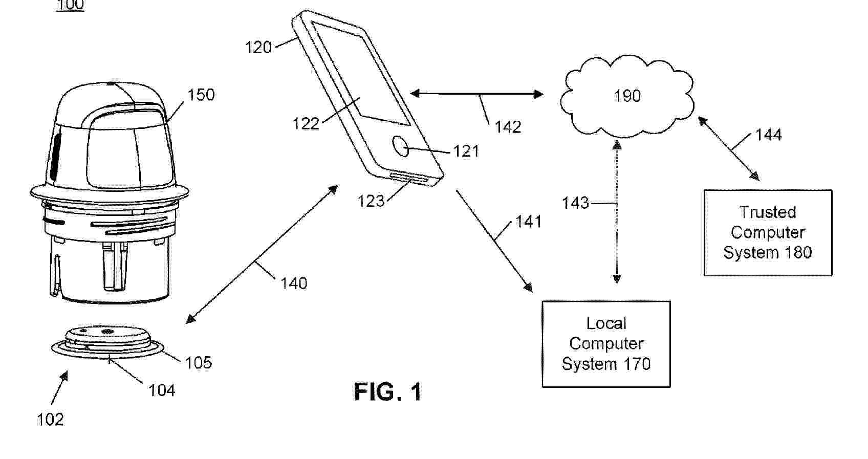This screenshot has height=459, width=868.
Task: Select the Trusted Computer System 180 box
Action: pos(767,233)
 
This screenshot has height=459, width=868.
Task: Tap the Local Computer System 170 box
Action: pos(606,344)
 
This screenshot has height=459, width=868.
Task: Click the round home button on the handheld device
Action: pos(402,146)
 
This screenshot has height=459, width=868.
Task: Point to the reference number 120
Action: pos(258,48)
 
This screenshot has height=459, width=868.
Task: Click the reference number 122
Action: pos(306,123)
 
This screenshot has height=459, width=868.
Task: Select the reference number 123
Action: pos(371,201)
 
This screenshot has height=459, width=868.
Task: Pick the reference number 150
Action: pos(201,95)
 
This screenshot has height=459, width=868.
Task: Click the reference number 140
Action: pos(294,283)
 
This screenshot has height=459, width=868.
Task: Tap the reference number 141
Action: pos(528,222)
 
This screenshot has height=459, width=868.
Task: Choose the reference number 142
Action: pos(508,127)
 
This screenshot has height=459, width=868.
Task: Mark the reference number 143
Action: pos(575,203)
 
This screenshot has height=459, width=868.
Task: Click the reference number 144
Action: pos(768,135)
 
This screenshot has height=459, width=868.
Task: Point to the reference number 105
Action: pos(198,362)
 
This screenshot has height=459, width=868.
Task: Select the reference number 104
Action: pos(162,390)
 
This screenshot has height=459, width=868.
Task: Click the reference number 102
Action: pos(50,420)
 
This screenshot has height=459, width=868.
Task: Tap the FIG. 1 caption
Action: pos(387,392)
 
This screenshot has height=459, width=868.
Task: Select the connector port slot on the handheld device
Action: pos(408,177)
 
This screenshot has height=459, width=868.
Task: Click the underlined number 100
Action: pos(70,5)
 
